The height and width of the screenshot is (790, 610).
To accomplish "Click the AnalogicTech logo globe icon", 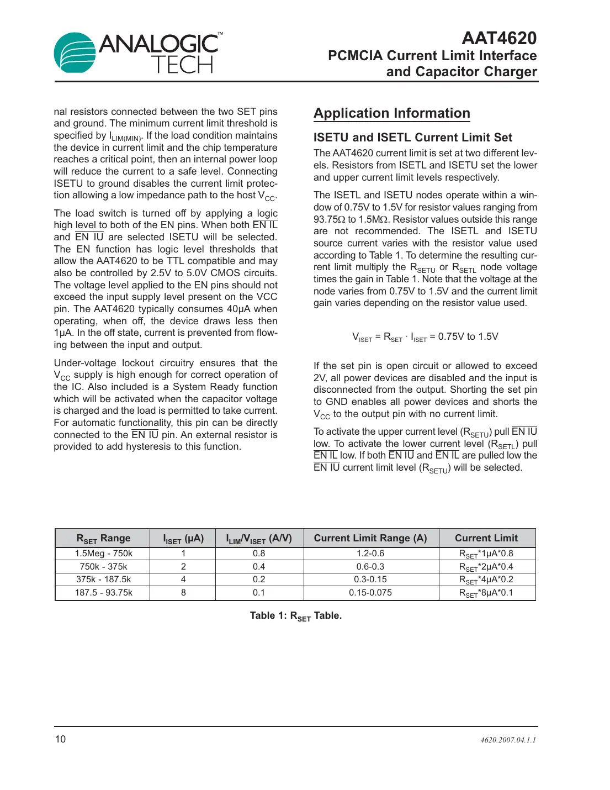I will click(x=75, y=53).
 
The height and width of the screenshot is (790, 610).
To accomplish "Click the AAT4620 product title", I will click(x=498, y=38).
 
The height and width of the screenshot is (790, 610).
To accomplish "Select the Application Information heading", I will click(x=392, y=113).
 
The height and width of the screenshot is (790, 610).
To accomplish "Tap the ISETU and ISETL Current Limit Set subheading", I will click(x=413, y=138).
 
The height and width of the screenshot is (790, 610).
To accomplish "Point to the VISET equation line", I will click(x=425, y=337).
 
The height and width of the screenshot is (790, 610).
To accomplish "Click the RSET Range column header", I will click(x=103, y=538).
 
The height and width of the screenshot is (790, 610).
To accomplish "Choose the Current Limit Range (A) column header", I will click(x=370, y=538).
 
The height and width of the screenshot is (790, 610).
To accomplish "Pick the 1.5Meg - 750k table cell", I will click(x=103, y=554).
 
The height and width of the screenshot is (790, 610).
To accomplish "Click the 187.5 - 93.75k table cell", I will click(x=103, y=593).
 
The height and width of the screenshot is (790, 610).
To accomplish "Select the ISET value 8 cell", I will click(x=183, y=593).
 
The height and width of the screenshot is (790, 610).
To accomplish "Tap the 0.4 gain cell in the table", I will click(x=259, y=567).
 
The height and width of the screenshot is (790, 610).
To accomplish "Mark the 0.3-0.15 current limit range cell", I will click(x=370, y=580).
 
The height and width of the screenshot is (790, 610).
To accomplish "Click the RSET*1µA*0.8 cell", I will click(x=486, y=554).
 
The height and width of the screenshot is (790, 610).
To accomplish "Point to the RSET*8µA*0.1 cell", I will click(x=486, y=593).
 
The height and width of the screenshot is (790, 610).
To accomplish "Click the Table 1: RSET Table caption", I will click(x=296, y=616).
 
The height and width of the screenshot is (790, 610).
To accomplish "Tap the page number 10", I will click(x=60, y=739).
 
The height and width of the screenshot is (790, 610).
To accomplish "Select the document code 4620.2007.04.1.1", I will click(x=508, y=740).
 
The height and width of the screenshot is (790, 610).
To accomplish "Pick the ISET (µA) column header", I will click(x=183, y=538).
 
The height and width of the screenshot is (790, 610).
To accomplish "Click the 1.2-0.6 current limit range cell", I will click(x=370, y=554).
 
